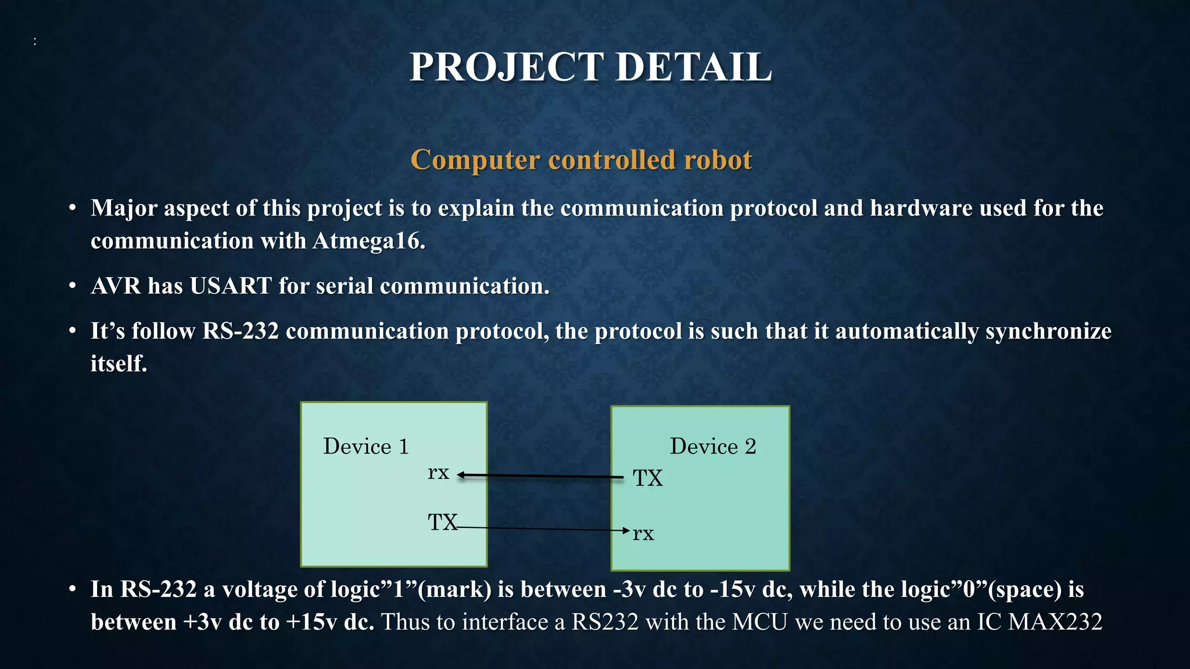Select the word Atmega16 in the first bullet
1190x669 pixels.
(x=368, y=241)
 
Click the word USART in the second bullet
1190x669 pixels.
(x=231, y=286)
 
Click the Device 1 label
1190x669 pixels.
(x=366, y=447)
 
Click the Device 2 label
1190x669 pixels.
(x=713, y=447)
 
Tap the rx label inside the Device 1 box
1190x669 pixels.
(x=438, y=473)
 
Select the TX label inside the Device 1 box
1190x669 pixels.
(x=443, y=522)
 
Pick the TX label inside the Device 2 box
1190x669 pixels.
(x=648, y=478)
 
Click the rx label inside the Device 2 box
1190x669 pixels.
(x=643, y=533)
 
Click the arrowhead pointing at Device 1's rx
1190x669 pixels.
(x=461, y=476)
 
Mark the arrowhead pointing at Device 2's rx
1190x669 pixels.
(x=626, y=530)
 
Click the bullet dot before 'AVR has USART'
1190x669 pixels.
(x=72, y=286)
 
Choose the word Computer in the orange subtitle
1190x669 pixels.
(x=475, y=160)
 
